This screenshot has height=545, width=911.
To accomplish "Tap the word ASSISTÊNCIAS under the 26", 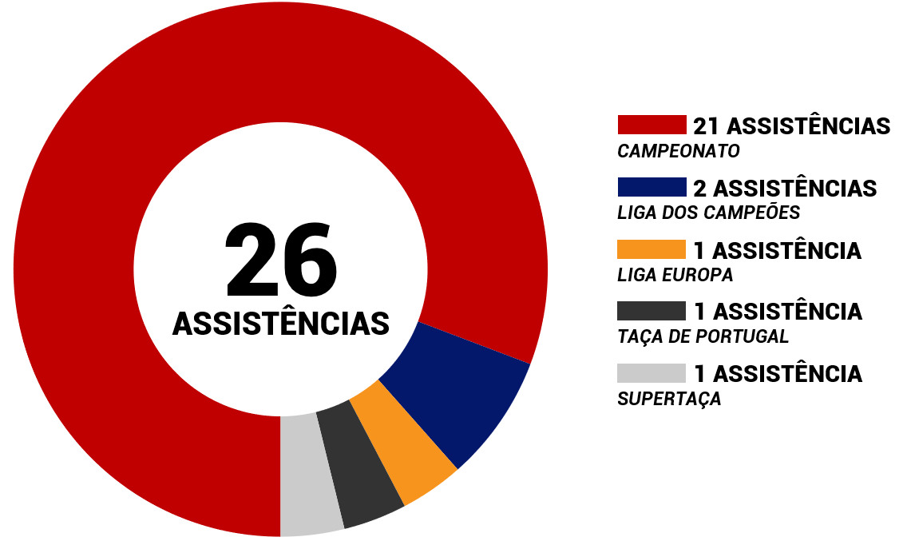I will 281,324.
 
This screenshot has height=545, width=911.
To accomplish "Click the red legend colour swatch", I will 652,125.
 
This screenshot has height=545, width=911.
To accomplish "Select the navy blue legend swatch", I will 652,187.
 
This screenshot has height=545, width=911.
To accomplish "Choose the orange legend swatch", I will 652,249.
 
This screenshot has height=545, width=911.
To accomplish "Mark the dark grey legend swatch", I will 652,311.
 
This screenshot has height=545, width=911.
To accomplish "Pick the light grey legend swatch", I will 652,373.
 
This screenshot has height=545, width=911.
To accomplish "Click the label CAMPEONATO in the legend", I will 679,151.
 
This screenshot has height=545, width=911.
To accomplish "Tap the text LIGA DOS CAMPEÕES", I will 708,213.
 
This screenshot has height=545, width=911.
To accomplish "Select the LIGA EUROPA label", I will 675,275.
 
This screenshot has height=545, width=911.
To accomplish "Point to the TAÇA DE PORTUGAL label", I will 703,336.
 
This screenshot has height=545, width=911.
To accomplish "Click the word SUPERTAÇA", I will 669,399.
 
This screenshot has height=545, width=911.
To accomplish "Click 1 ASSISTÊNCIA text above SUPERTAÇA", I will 778,374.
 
